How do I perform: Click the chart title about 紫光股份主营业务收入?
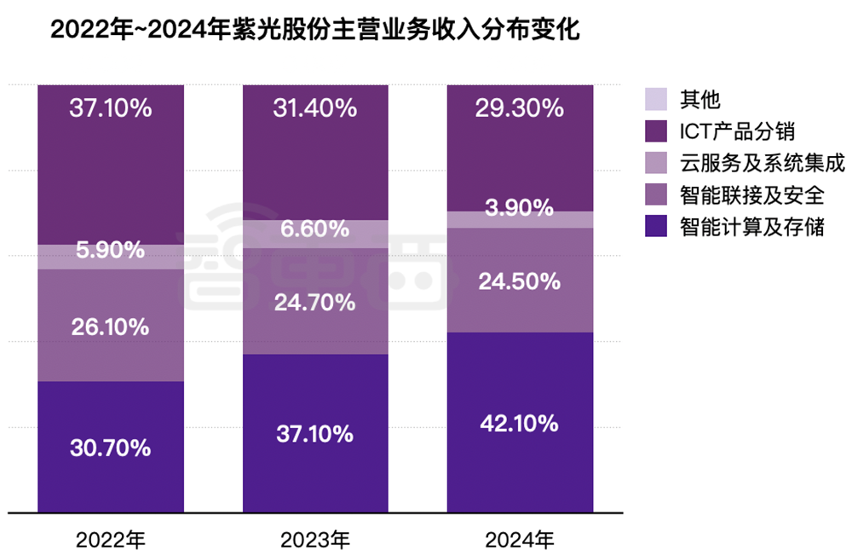tap(316, 31)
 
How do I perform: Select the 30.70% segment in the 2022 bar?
tap(111, 447)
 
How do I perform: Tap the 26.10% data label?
tap(111, 326)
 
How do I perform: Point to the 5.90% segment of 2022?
tap(111, 251)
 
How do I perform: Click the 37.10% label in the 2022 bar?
tap(111, 108)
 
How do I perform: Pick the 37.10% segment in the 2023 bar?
tap(315, 433)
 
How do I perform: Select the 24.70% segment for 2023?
tap(315, 301)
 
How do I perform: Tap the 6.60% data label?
tap(315, 229)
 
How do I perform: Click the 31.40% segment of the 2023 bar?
tap(315, 108)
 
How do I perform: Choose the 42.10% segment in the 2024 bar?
tap(520, 423)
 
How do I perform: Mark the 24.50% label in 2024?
tap(520, 281)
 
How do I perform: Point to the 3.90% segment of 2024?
tap(520, 208)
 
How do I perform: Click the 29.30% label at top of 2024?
tap(520, 108)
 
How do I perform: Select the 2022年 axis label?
tap(111, 540)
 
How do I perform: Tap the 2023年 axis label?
tap(315, 540)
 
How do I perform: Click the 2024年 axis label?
tap(520, 540)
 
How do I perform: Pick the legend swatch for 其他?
tap(656, 99)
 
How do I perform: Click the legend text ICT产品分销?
tap(738, 131)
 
